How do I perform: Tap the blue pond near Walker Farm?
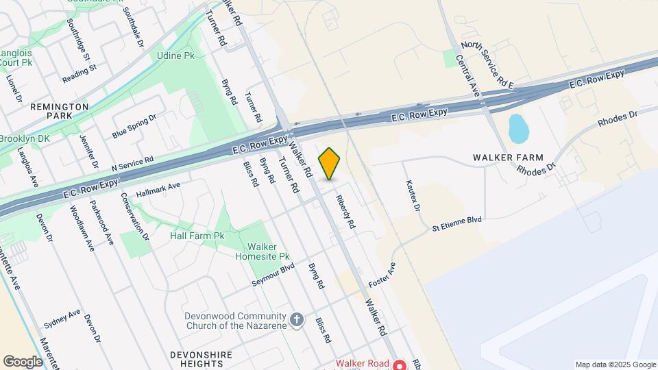518,128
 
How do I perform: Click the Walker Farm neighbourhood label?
508,158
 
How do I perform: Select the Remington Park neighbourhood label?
59,112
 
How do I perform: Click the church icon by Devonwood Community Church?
296,320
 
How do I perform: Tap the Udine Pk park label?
171,56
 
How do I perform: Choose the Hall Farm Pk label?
197,236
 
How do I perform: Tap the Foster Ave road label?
382,275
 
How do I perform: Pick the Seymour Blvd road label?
273,275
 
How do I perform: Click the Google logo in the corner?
23,361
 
